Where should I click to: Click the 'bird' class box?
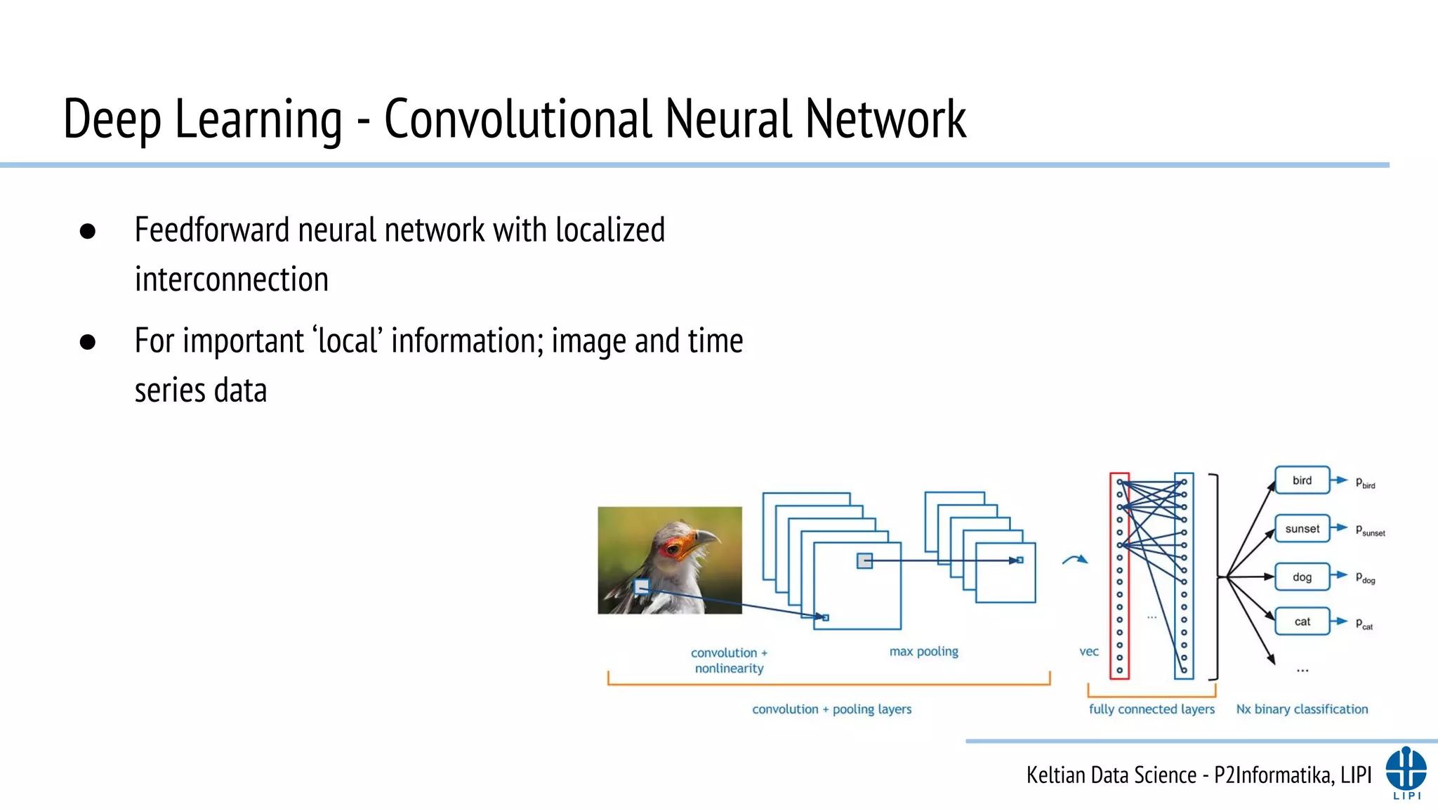(1302, 480)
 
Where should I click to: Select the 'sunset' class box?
(1302, 529)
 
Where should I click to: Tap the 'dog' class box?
(1302, 577)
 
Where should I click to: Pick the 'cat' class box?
(1302, 621)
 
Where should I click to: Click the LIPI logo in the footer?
(1406, 771)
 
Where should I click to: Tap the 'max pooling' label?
(923, 652)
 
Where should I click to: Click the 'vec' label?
(1088, 652)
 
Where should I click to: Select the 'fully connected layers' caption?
(1152, 709)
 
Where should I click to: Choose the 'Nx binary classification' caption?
(1302, 709)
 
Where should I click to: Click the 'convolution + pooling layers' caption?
(831, 709)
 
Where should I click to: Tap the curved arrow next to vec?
(1074, 560)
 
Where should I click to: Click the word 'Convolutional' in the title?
(518, 119)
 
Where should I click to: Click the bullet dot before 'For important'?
(88, 342)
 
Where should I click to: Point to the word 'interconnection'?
(232, 279)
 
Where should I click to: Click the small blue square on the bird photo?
(641, 586)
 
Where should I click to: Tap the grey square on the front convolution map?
(864, 560)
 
